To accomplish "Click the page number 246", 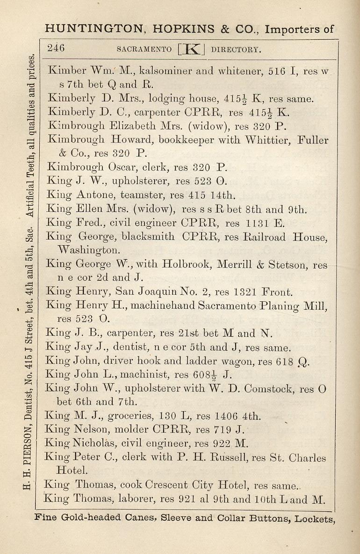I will coord(56,49).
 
